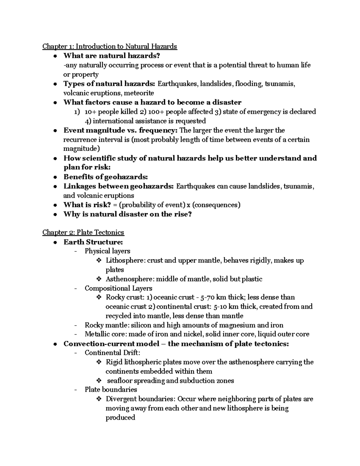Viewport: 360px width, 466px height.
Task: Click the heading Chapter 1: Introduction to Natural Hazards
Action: pos(109,46)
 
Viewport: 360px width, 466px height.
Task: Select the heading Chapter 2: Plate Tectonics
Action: pos(83,232)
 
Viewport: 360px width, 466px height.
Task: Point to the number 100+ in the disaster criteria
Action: pos(156,112)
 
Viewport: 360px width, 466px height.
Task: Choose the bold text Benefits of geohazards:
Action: pos(106,177)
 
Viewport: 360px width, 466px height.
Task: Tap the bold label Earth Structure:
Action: pos(93,242)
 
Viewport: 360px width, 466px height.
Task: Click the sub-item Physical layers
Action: pos(107,251)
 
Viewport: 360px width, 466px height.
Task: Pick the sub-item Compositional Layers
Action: pos(118,288)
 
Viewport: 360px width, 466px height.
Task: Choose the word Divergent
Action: pos(120,399)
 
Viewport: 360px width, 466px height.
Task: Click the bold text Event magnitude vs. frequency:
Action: pos(121,130)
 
